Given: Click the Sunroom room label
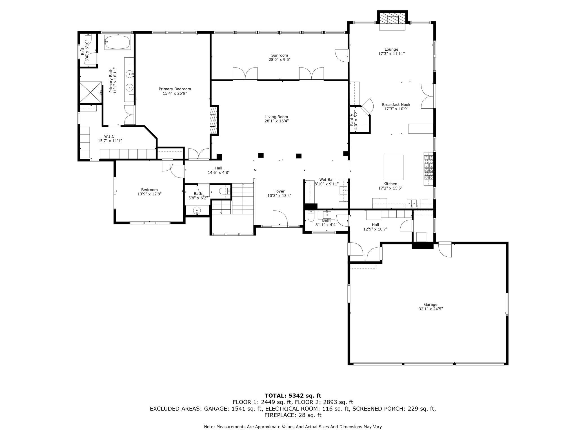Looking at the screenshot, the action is [x=279, y=55].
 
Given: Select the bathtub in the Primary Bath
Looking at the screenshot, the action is [x=117, y=42].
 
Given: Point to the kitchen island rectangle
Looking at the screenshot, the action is [x=393, y=167].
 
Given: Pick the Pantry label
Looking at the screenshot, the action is [x=352, y=120].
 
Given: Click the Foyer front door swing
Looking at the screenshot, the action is [x=280, y=218].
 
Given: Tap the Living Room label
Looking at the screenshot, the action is [x=277, y=117].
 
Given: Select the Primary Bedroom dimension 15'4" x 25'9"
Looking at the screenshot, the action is [x=175, y=93].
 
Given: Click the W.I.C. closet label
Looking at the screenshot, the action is [x=110, y=136].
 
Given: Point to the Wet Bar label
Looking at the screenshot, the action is [x=327, y=180].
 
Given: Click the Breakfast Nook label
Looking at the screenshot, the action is [x=396, y=105].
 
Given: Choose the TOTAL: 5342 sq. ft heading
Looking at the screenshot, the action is [x=293, y=396].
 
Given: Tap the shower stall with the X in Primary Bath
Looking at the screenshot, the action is [x=91, y=92].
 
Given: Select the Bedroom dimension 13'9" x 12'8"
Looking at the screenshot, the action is [x=149, y=194].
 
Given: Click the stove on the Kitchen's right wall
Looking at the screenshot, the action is [x=428, y=169].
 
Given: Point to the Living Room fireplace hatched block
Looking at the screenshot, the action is [x=214, y=120].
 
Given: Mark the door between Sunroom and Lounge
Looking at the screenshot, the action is [x=342, y=55].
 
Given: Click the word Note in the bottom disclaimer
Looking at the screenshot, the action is [x=209, y=427].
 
